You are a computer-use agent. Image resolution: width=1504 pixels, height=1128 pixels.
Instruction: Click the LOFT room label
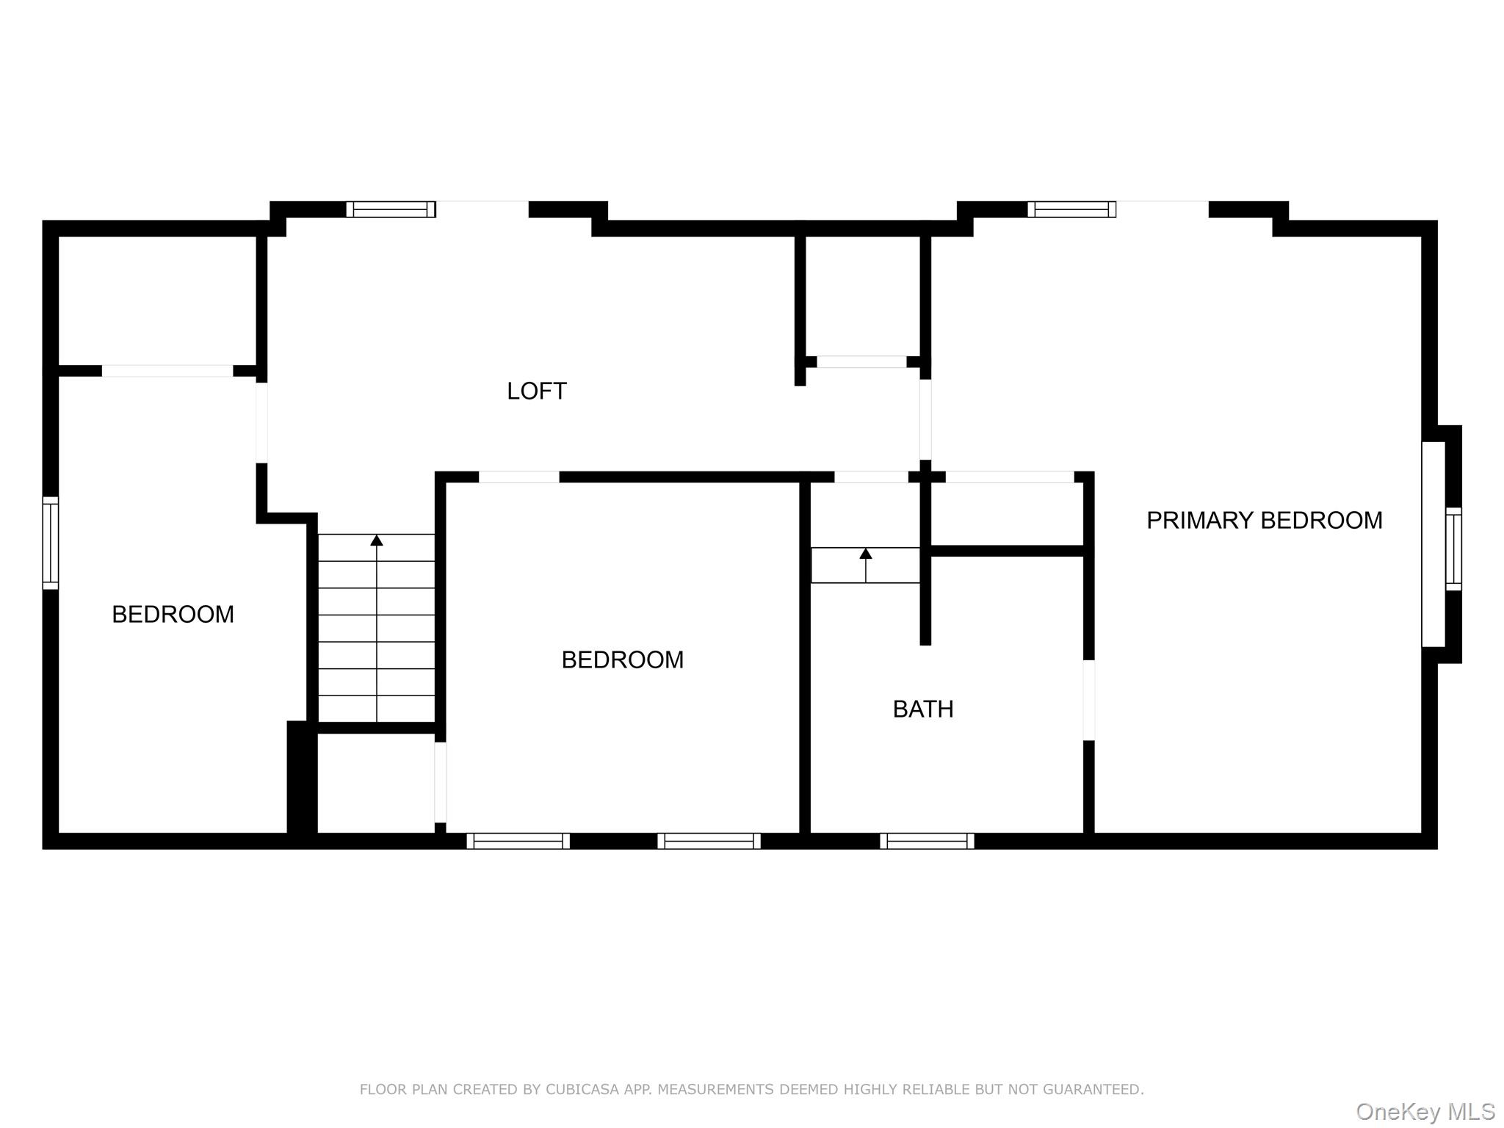click(536, 391)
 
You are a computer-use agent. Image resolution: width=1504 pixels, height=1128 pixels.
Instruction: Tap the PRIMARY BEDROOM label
click(1264, 520)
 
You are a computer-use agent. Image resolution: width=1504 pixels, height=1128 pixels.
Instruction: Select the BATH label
click(923, 709)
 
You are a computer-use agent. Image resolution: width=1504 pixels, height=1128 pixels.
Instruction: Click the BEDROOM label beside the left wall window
click(173, 614)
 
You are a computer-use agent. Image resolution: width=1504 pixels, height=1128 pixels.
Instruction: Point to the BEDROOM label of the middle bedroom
click(622, 659)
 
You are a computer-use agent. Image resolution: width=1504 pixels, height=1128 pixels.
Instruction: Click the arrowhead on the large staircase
click(377, 540)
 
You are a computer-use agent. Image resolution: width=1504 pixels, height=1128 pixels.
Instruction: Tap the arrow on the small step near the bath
click(866, 554)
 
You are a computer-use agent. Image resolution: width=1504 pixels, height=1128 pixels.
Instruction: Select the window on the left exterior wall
click(50, 543)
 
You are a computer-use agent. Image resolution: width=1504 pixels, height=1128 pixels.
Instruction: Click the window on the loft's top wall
click(391, 209)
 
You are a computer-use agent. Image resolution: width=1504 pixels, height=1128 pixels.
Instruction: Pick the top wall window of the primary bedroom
click(1071, 209)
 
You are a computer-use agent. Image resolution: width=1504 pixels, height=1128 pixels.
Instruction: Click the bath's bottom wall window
click(927, 841)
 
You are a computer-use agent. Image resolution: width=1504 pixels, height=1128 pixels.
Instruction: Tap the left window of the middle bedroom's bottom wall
click(518, 841)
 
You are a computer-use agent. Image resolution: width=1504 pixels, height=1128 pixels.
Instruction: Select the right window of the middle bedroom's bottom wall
click(709, 841)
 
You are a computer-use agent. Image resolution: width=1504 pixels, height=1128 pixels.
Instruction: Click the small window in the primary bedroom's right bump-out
click(1453, 549)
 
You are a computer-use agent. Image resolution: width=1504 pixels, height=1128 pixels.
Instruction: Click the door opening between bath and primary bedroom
click(1089, 700)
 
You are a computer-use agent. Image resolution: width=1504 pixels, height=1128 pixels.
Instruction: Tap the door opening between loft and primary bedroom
click(925, 419)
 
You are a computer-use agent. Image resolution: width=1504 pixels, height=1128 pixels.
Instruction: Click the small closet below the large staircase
click(376, 782)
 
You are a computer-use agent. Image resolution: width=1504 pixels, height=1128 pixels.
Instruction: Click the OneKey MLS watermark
click(1425, 1112)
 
